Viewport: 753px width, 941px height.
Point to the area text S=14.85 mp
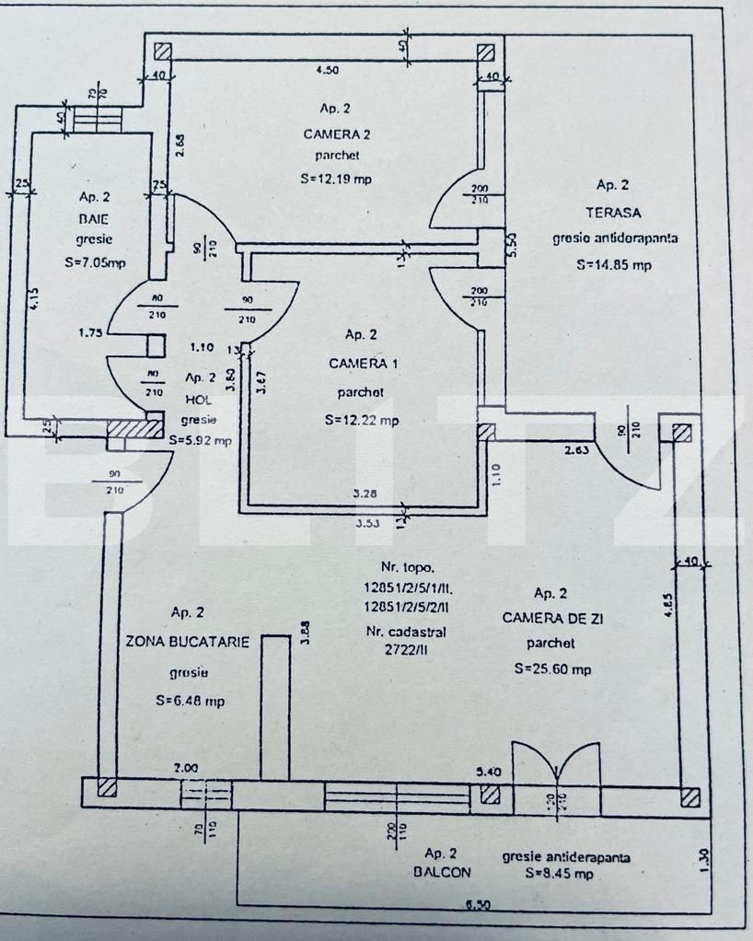point(614,263)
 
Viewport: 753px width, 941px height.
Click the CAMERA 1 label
point(364,364)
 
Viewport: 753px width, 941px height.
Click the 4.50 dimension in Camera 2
point(328,70)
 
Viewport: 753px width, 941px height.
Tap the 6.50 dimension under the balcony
point(476,906)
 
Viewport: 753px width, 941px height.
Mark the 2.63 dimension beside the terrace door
point(578,450)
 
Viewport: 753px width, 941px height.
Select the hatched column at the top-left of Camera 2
point(163,52)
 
